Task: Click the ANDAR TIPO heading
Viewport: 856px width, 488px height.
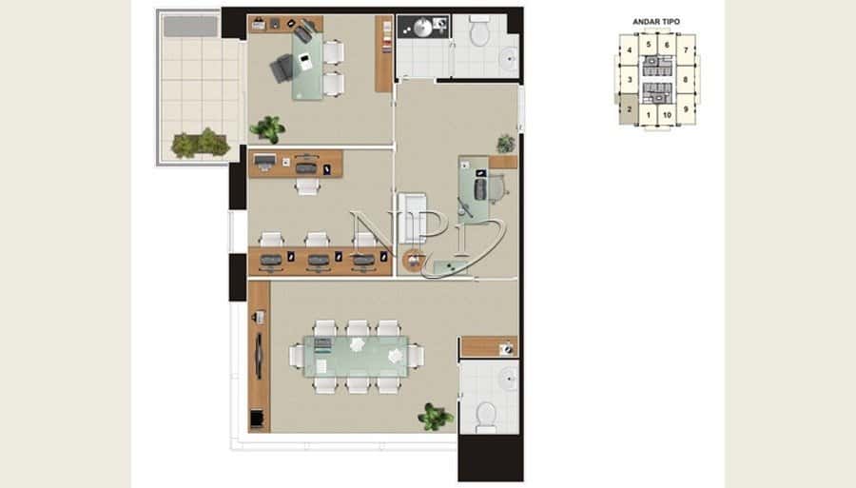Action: (x=656, y=22)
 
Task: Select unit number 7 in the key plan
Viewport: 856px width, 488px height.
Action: (x=686, y=50)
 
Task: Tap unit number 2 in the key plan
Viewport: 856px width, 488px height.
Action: (x=630, y=109)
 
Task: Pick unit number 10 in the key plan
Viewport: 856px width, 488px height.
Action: (x=667, y=115)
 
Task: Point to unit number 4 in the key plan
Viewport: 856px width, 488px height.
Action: (x=630, y=50)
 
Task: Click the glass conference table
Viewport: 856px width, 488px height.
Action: (x=356, y=357)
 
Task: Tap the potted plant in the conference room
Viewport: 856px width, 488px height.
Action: (x=435, y=417)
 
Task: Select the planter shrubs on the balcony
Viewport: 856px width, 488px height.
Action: (x=201, y=143)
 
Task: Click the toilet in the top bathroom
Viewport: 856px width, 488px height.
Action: (x=480, y=30)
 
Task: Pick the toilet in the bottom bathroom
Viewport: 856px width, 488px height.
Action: (x=485, y=418)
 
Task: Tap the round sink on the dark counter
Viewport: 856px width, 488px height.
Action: (x=422, y=28)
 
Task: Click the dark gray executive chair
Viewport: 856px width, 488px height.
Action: (x=282, y=68)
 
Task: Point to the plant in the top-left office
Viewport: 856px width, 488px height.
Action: (x=268, y=129)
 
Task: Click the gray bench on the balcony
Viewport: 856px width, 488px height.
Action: (x=190, y=27)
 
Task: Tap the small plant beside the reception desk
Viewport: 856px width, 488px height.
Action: (x=506, y=144)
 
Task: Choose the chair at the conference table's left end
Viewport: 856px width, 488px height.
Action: (x=296, y=356)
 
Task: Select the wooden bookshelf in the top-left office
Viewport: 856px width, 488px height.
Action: (x=384, y=53)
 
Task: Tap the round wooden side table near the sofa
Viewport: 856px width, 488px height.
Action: (x=414, y=260)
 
